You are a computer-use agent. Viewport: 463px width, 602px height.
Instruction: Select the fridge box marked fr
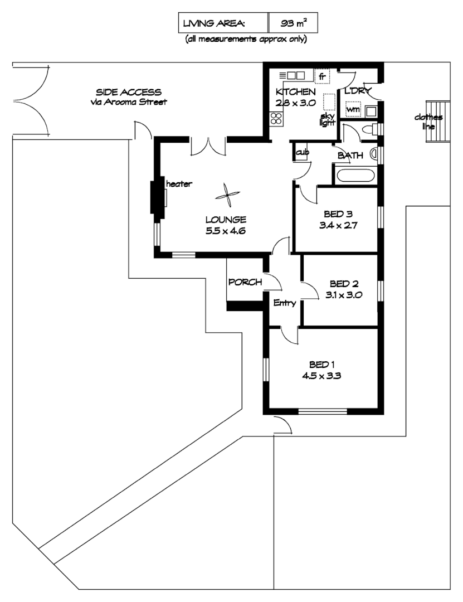pos(322,76)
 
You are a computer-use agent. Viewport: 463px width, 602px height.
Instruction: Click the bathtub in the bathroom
pos(354,176)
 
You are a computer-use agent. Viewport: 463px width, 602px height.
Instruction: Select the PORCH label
pos(245,282)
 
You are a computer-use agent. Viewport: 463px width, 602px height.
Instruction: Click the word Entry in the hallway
pos(284,303)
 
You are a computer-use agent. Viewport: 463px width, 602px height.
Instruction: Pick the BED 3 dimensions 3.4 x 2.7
pos(338,226)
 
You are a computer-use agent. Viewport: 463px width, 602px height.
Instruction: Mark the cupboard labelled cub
pos(301,152)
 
